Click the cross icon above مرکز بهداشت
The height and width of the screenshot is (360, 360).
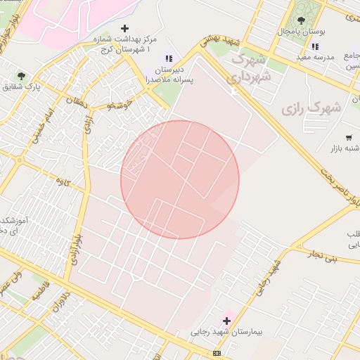tap(125, 29)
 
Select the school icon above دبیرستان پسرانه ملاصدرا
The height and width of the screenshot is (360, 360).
tap(168, 58)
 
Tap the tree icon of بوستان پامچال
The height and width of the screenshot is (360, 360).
tap(302, 20)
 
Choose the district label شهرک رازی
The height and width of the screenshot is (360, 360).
tap(311, 108)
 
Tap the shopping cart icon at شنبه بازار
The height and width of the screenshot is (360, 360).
tap(349, 137)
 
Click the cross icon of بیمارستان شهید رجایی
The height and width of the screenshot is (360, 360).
tap(226, 321)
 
